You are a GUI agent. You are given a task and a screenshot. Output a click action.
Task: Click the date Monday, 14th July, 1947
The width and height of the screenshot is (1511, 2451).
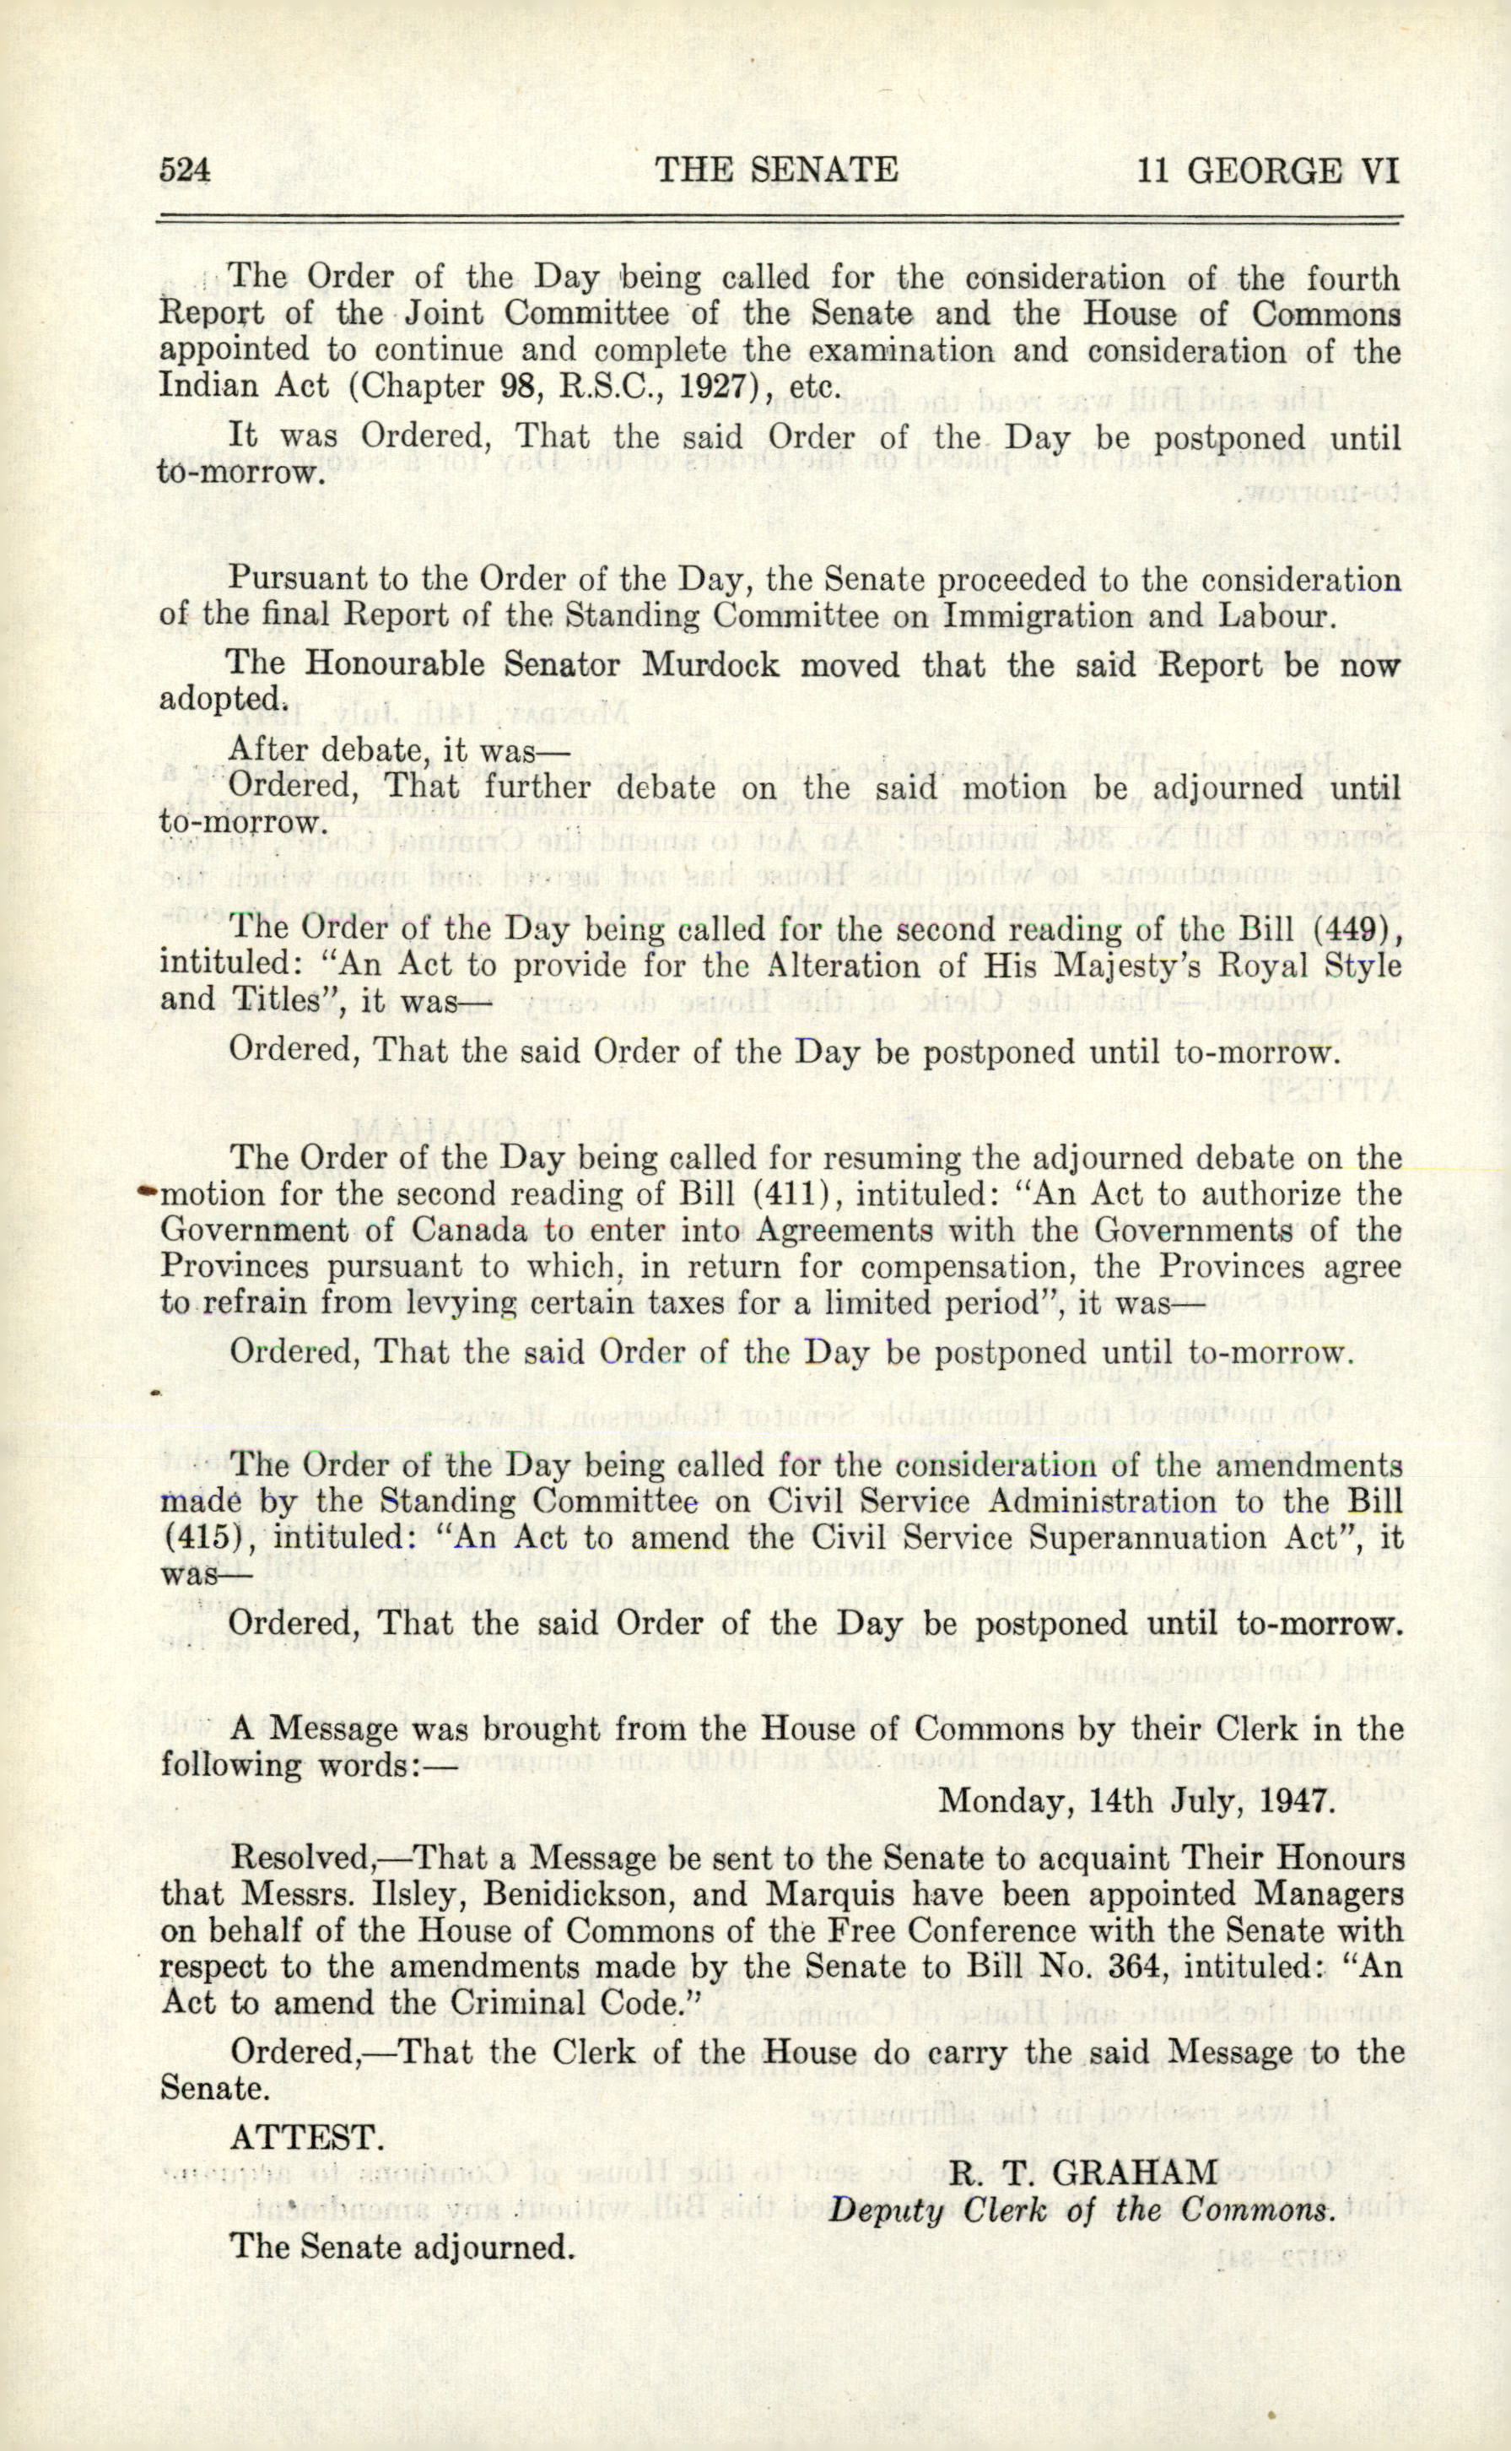[x=1136, y=1800]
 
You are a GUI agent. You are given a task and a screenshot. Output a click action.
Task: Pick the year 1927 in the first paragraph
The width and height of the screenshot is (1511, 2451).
[x=715, y=386]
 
